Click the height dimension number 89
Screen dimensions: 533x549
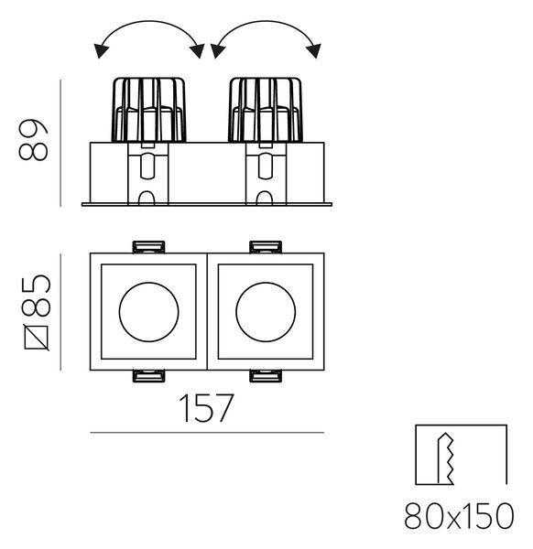33,140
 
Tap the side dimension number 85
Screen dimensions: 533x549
36,296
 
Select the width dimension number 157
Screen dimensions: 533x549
206,408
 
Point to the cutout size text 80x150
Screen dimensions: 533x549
459,516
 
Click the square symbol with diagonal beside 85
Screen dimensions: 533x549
36,338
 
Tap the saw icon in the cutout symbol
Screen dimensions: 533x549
445,458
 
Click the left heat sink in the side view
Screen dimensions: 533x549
149,110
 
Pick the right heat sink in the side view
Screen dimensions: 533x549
266,110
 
